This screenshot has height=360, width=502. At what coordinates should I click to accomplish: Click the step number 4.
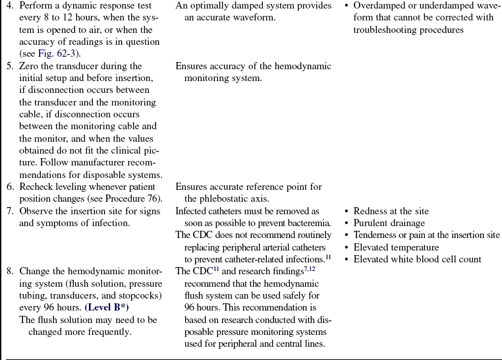click(x=9, y=6)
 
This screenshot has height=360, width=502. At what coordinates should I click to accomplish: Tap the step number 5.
click(x=9, y=66)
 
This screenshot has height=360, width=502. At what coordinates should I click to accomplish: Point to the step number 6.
click(x=9, y=187)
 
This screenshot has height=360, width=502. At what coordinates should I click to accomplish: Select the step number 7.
click(x=9, y=211)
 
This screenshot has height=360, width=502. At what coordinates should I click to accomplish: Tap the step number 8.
click(x=9, y=271)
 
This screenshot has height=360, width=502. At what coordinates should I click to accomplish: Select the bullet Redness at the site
click(x=391, y=211)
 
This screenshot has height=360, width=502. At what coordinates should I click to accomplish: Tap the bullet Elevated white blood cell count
click(x=417, y=259)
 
